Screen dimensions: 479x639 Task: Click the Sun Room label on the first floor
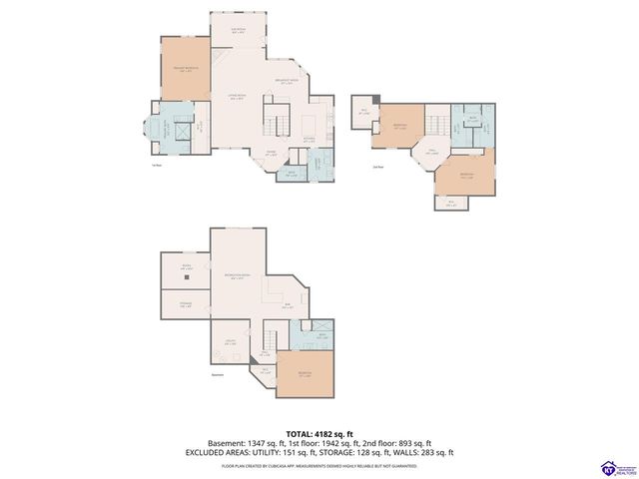coord(238,31)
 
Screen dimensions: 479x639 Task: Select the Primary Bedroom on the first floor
coord(185,69)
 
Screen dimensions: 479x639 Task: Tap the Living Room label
coord(238,97)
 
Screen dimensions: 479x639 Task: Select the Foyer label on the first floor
coord(271,153)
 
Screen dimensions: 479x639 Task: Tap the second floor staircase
coord(437,123)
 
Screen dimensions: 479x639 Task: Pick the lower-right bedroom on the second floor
coord(465,174)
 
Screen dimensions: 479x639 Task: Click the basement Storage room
coord(185,305)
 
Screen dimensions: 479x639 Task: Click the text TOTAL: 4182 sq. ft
coord(319,432)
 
